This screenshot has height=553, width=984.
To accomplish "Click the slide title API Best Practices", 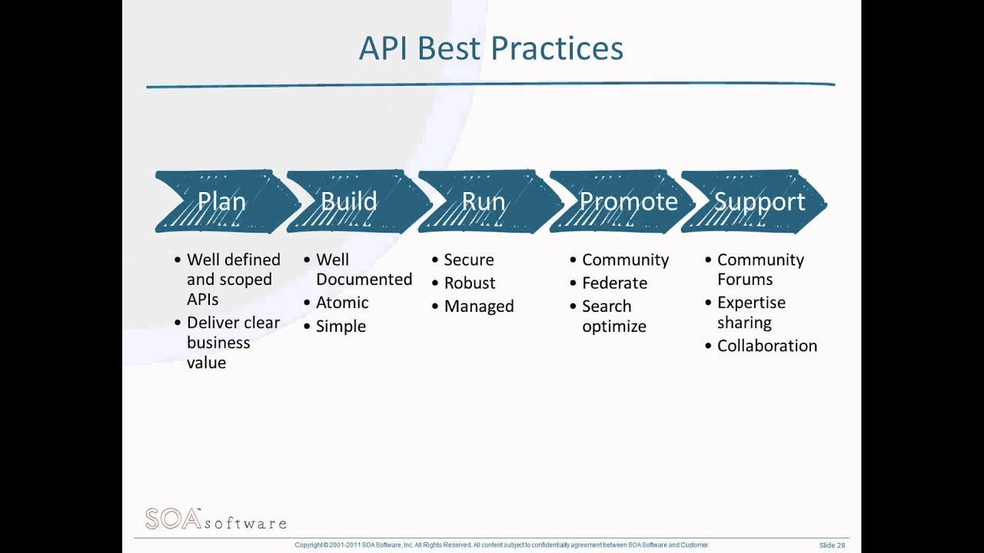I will [x=490, y=48].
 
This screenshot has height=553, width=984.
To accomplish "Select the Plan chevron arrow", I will [x=222, y=202].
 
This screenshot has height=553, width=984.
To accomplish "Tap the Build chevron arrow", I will [x=350, y=202].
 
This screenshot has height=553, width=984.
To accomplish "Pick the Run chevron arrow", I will [x=484, y=202].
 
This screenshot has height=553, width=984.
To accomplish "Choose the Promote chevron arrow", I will [x=628, y=202].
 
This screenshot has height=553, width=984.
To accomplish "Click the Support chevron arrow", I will [x=759, y=202].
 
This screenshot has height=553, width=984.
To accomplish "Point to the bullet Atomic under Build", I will [x=342, y=303].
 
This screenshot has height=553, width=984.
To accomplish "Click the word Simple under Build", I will [x=341, y=326].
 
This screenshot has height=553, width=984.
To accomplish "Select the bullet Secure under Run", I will [x=469, y=260].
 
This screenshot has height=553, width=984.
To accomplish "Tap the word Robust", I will [x=470, y=283].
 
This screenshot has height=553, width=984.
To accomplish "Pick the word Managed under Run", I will [x=479, y=306].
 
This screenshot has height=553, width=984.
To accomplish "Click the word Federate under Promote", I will [x=614, y=283].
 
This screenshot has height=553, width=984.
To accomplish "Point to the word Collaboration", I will [x=766, y=346].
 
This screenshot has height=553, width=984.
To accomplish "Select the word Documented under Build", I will [x=364, y=280].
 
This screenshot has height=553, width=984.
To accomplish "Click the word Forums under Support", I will [x=745, y=280].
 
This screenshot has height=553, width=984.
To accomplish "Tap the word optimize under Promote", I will [x=613, y=326].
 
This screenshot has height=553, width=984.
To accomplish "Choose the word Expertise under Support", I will [x=751, y=303].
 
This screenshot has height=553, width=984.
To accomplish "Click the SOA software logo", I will [x=215, y=519].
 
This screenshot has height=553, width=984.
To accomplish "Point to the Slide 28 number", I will [x=832, y=545].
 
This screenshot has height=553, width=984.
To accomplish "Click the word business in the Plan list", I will [x=218, y=343].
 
